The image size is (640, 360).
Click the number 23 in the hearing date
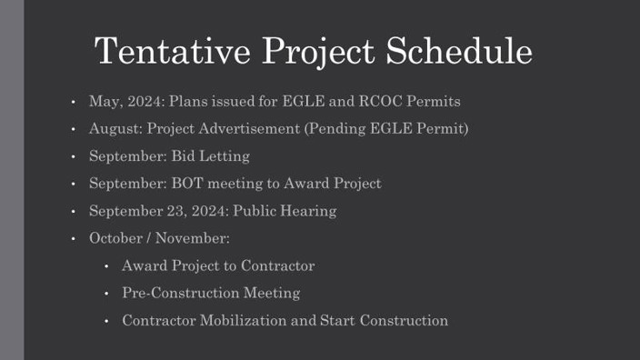pos(168,211)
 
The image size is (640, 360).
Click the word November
pos(192,238)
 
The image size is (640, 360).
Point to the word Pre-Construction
pos(180,293)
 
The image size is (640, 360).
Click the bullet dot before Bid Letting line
pos(72,156)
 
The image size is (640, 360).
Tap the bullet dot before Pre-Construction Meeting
pos(106,294)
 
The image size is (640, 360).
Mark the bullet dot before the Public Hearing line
pos(72,211)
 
